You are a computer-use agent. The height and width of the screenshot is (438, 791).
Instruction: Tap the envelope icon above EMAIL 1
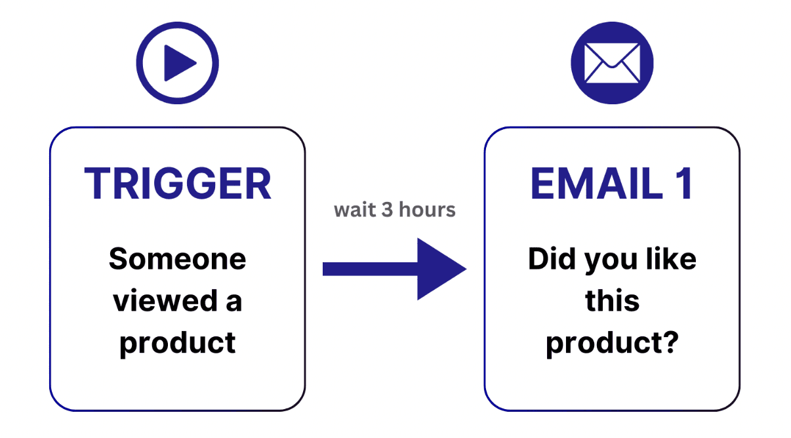pyautogui.click(x=612, y=64)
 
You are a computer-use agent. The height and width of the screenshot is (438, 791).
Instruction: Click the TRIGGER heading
pyautogui.click(x=178, y=184)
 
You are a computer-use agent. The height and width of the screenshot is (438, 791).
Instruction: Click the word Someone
pyautogui.click(x=178, y=259)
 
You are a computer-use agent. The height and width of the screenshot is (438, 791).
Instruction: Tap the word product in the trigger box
pyautogui.click(x=178, y=343)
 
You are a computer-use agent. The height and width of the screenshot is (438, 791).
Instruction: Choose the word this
pyautogui.click(x=612, y=301)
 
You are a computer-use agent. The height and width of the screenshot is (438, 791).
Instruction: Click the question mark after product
pyautogui.click(x=669, y=343)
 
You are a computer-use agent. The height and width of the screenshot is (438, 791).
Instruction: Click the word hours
pyautogui.click(x=427, y=210)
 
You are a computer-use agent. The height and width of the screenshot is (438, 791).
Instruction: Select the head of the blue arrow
pyautogui.click(x=439, y=269)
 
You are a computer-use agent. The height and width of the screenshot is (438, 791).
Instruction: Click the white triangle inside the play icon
pyautogui.click(x=180, y=64)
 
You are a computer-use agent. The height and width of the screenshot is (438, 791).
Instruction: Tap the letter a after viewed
pyautogui.click(x=233, y=302)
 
